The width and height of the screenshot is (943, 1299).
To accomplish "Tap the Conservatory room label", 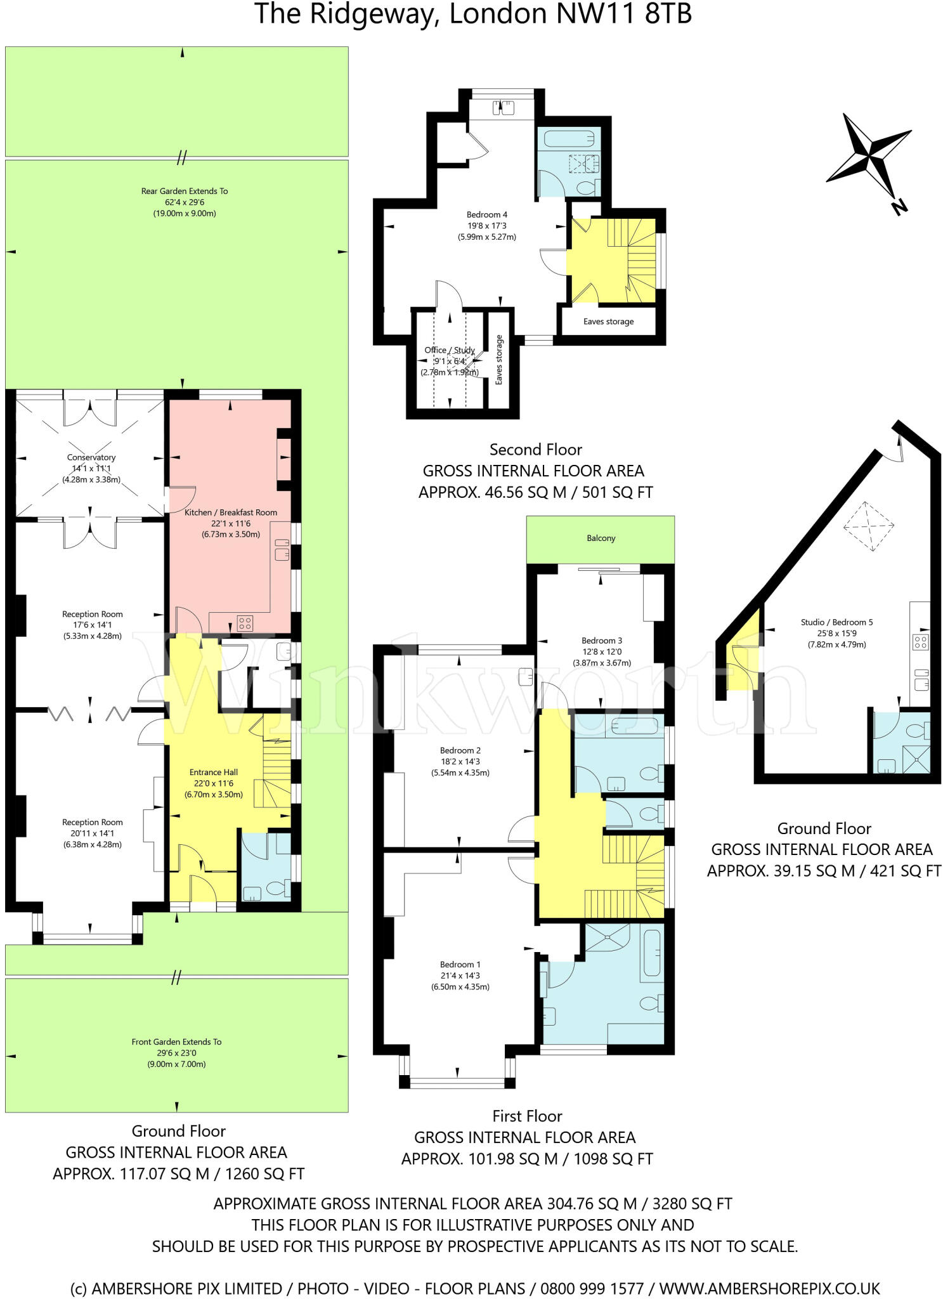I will pos(91,457).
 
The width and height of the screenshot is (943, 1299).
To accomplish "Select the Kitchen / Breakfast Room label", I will pos(231,512).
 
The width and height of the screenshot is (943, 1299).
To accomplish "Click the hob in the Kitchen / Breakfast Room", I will pos(245,623).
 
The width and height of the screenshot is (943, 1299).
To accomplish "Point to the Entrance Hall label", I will pos(214,772).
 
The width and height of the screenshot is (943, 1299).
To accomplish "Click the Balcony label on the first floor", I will pos(601,538).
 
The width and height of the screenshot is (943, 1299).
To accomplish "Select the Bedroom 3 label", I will pos(602,641).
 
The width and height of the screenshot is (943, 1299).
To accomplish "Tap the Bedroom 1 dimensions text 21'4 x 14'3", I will pos(460,976).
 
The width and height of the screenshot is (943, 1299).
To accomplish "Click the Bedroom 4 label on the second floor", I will pos(486,214).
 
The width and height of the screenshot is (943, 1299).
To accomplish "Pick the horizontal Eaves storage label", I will pos(608,322).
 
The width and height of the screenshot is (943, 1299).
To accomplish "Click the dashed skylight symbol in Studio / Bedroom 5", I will pos(868,526).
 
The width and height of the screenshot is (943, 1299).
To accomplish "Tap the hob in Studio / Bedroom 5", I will pos(920,642).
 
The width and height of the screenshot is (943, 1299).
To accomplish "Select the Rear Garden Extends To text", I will pos(185,191).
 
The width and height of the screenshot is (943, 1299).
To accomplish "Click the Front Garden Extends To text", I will pos(176,1041).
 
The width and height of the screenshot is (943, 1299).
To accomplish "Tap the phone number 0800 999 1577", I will pos(592,1289).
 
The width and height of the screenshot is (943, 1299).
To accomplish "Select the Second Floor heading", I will pos(535,450).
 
